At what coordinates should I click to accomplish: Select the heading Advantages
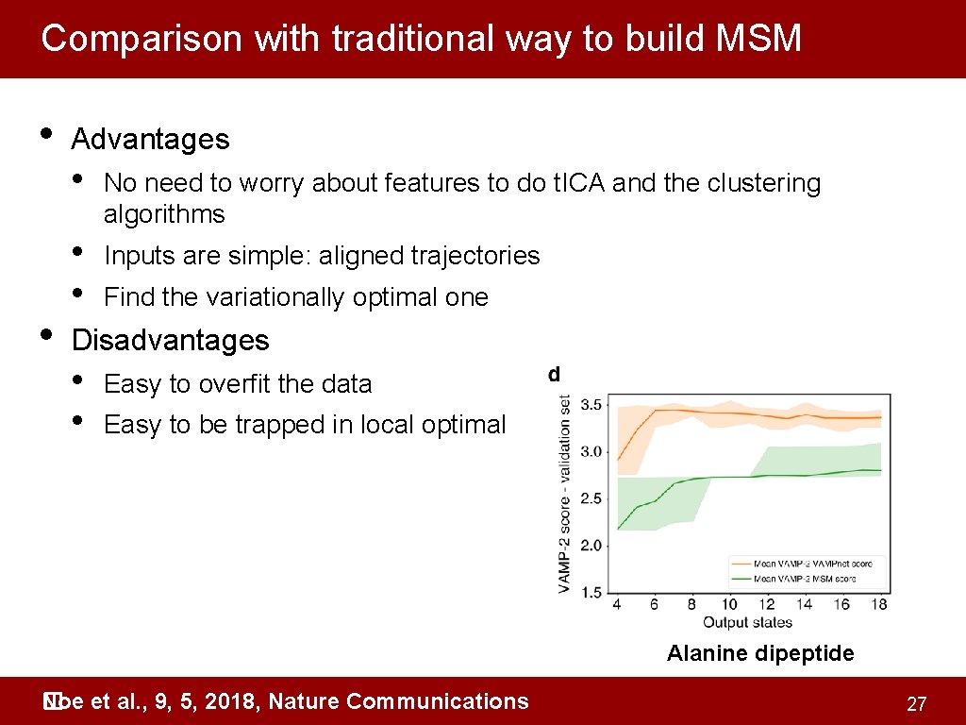point(150,140)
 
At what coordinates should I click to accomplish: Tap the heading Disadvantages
point(170,340)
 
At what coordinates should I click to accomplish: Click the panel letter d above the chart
point(555,375)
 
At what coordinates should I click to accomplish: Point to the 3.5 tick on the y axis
point(591,405)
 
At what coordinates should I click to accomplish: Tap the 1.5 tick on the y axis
point(591,592)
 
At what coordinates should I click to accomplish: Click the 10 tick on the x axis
point(729,604)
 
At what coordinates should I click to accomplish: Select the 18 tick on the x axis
point(880,604)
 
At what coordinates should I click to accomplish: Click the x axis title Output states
point(747,622)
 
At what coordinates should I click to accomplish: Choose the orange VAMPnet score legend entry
point(809,564)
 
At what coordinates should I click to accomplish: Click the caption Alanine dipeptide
point(760,653)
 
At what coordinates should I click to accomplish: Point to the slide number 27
point(915,704)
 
